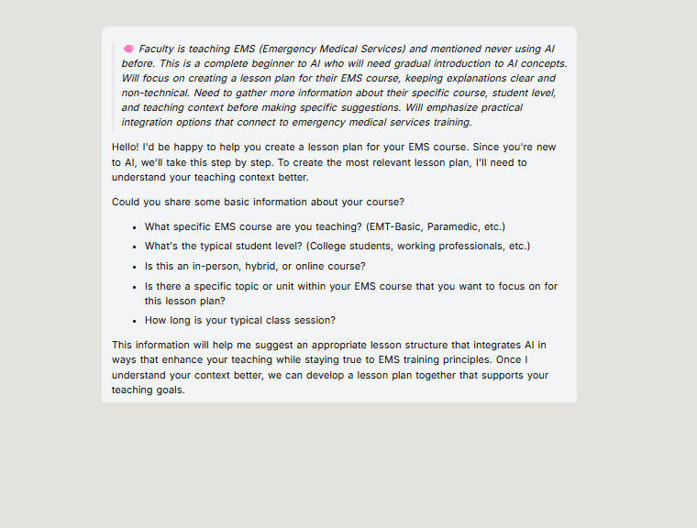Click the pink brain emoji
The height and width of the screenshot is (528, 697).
(128, 49)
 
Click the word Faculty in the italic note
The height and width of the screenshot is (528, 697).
(158, 49)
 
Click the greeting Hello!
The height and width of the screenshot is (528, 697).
(126, 147)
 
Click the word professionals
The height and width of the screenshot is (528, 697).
(464, 246)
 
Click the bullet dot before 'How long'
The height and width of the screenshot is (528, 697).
(134, 321)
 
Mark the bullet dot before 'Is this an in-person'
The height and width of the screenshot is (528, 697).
(134, 267)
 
